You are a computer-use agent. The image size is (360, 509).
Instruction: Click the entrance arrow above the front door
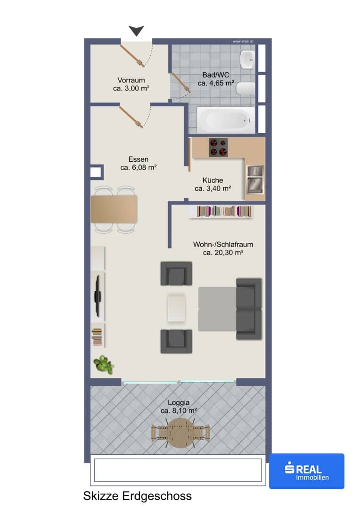click(136, 31)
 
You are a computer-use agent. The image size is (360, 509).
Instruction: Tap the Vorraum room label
click(131, 80)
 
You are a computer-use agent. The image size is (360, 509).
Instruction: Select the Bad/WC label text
click(216, 75)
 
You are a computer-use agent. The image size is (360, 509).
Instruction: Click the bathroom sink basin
click(247, 59)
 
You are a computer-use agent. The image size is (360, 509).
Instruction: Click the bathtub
click(226, 120)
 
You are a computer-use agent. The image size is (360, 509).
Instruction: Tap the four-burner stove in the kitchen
click(218, 148)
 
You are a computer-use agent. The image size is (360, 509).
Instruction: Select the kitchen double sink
click(255, 179)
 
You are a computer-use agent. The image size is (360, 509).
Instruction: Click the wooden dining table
click(114, 209)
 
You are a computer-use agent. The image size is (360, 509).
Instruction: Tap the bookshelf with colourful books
click(221, 212)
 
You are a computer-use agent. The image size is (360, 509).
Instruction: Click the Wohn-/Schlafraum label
click(223, 245)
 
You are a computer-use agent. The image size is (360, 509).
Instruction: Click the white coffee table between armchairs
click(177, 308)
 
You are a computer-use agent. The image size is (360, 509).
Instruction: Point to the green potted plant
click(104, 364)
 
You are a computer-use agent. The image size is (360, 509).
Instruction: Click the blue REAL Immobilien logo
click(307, 471)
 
